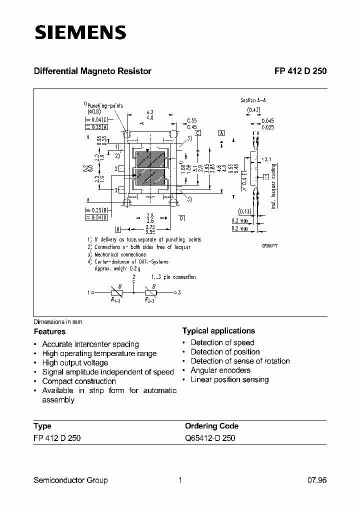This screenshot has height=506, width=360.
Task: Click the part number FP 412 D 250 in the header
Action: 300,71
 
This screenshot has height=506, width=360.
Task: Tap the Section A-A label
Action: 253,100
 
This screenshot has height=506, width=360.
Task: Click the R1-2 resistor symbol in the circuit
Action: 118,293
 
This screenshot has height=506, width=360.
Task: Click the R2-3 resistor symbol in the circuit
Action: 150,293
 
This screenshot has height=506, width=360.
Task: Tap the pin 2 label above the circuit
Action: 134,276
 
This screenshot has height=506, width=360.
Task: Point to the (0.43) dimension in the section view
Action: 253,110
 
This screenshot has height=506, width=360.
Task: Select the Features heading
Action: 49,331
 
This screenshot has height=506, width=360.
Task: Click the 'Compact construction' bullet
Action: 79,381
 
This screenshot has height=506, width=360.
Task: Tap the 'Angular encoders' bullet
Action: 220,370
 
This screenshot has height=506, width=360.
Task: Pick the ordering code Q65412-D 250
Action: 210,438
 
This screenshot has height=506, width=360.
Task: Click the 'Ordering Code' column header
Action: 211,426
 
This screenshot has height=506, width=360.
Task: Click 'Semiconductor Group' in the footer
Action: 70,480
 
